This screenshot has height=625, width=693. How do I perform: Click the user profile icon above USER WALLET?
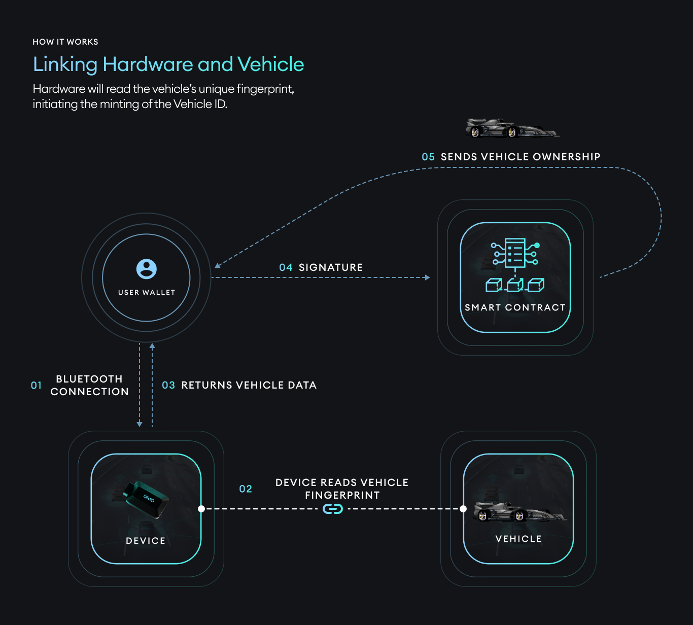(147, 269)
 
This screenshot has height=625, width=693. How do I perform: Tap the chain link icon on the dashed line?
(333, 508)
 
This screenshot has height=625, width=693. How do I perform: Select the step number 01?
(37, 385)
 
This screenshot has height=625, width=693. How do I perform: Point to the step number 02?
(246, 489)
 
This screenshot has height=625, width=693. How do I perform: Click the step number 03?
(168, 385)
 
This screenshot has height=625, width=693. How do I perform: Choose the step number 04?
(286, 267)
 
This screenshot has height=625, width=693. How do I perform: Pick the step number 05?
(428, 157)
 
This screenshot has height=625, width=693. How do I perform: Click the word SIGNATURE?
(331, 267)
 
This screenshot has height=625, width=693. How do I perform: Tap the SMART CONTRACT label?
(515, 307)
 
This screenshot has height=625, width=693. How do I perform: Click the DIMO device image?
(146, 499)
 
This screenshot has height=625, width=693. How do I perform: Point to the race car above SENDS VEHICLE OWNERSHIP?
(512, 128)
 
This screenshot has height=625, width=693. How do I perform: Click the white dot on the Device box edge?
(201, 508)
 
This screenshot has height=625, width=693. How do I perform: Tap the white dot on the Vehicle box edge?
(463, 508)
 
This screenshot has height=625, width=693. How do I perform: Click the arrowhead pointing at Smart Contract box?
(427, 277)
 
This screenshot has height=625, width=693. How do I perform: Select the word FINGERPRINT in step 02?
(342, 495)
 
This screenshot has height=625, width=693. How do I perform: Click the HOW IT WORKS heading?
(65, 42)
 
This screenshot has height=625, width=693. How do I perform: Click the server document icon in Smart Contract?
(515, 254)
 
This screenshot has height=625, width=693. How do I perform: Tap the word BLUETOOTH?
(89, 379)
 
